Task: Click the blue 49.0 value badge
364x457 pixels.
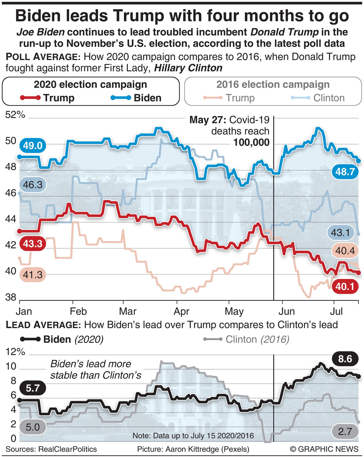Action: tap(32, 146)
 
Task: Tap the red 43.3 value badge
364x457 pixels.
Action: tap(32, 244)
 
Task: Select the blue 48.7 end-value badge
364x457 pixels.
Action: tap(345, 172)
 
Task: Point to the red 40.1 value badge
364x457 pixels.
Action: tap(345, 286)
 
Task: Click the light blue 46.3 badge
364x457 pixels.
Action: tap(32, 185)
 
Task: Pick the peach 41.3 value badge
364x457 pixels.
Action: tap(32, 275)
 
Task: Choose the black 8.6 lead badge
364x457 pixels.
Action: tap(345, 359)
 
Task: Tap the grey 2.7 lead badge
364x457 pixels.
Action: tap(345, 431)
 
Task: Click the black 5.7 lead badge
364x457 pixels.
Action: tap(32, 388)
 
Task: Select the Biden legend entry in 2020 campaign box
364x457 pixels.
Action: tap(136, 98)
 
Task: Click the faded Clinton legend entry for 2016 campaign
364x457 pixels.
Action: tap(318, 98)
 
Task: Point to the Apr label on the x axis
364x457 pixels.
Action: tap(181, 312)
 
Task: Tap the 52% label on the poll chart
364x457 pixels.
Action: tap(15, 115)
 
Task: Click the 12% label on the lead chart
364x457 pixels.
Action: tap(15, 352)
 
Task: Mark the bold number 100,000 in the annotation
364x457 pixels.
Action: tap(251, 142)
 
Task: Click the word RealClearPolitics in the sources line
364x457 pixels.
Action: tap(68, 449)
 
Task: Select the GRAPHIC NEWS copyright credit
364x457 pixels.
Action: tap(324, 449)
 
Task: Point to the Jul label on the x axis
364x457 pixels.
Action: tap(336, 312)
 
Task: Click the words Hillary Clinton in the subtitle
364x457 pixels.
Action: tap(188, 68)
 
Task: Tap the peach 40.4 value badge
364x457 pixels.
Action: tap(345, 251)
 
